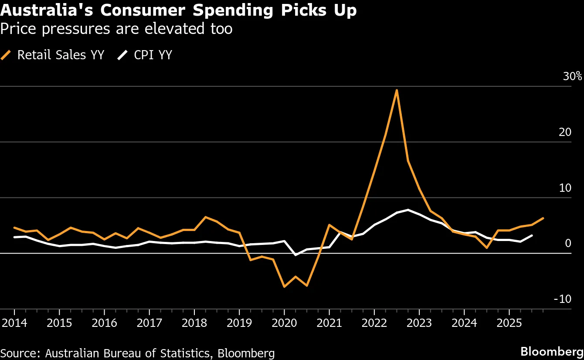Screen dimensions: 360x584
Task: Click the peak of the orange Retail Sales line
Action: [x=397, y=90]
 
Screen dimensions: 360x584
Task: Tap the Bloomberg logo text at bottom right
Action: [x=552, y=351]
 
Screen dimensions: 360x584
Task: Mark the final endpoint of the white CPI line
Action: [x=532, y=235]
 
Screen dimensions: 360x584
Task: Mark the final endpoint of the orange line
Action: [x=543, y=218]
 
